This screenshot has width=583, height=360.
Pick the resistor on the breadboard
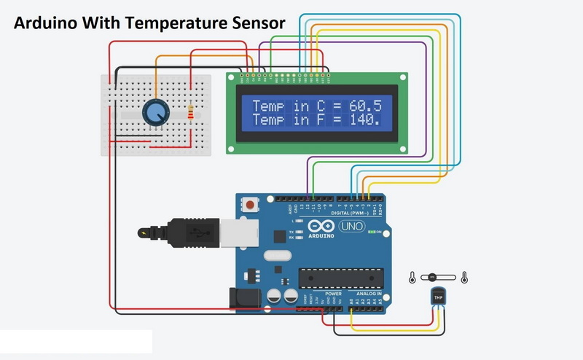click(192, 113)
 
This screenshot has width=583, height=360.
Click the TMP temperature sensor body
click(438, 297)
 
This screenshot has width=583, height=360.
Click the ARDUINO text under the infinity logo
click(321, 236)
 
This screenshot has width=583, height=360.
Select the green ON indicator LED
click(371, 232)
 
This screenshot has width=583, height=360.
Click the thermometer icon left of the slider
click(412, 277)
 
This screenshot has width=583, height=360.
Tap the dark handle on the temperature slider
click(432, 277)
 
